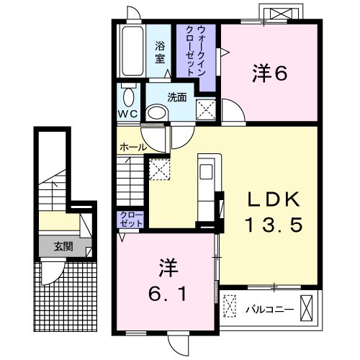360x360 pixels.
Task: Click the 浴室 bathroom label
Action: coord(160,53)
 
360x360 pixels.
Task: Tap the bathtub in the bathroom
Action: coord(132,51)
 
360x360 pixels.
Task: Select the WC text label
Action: coord(127,114)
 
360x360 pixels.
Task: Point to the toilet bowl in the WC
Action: coord(129,96)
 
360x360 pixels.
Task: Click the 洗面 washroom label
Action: coord(177,97)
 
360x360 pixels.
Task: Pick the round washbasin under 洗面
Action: coord(157,112)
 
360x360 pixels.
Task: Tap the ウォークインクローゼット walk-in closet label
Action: coord(196,51)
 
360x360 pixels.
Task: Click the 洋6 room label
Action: coord(269,73)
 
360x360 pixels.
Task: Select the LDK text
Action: coord(274,199)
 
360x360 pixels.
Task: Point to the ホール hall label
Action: coord(133,147)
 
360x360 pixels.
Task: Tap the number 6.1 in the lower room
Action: coord(167,294)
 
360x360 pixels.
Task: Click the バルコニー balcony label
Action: coord(269,310)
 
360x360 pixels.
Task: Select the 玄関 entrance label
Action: coord(63,246)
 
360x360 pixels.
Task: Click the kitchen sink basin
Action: coord(206,171)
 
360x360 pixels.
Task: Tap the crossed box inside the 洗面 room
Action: coord(206,109)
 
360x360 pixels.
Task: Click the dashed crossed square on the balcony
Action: coord(230,306)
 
